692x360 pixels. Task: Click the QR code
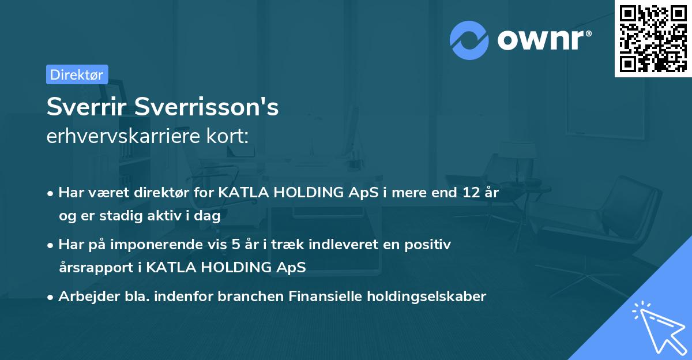pos(653,39)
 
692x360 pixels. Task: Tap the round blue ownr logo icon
pos(469,40)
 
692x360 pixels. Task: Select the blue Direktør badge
pos(77,74)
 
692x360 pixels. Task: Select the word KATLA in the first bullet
pos(241,193)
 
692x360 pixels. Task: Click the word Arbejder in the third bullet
pos(84,297)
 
